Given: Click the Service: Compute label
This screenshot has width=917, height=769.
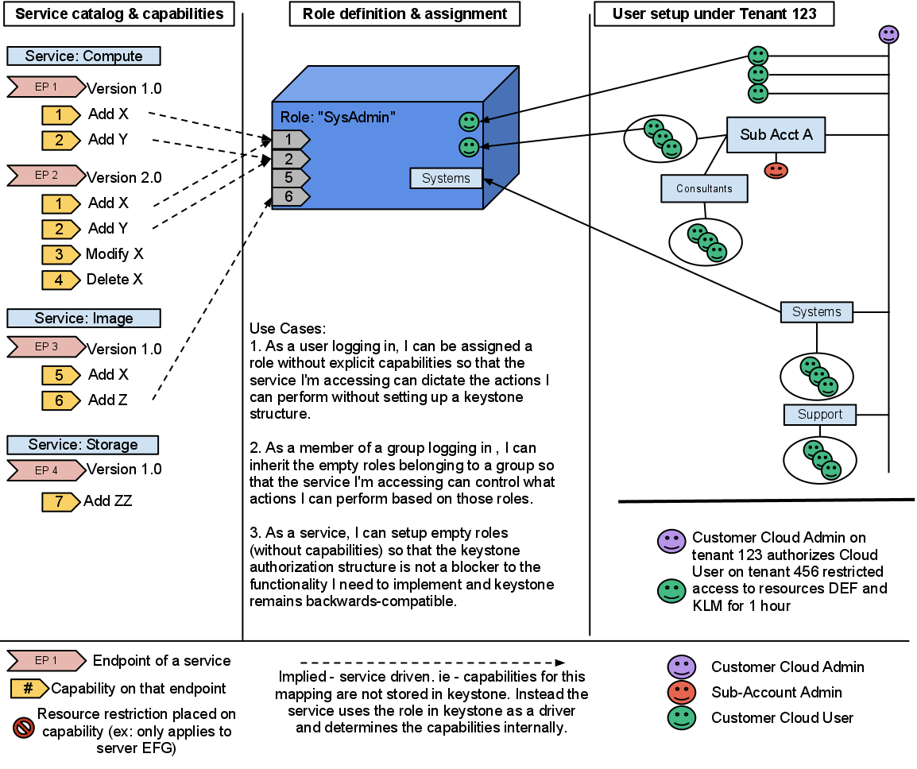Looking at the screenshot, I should tap(83, 56).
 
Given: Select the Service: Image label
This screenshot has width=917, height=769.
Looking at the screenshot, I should tap(83, 318).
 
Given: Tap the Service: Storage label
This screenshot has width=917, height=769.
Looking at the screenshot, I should tap(83, 445).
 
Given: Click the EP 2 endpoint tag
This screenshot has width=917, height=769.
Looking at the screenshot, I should tap(46, 175).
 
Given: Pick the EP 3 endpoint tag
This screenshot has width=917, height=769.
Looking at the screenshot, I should tap(46, 346).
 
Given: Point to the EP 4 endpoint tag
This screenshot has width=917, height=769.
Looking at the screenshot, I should tap(46, 470).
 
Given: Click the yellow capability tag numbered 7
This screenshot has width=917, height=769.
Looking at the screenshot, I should tap(60, 502).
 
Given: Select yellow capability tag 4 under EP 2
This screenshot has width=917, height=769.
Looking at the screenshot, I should tap(60, 280).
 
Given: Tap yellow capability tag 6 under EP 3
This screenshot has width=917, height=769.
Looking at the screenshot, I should tap(60, 400).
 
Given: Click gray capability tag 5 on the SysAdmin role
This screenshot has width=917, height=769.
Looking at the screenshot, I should tap(289, 177).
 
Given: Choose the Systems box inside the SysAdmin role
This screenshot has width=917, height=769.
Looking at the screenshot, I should tap(446, 178).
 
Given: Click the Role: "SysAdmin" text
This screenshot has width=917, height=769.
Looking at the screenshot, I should tap(338, 118).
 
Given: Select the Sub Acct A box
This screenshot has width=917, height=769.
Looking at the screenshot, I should tap(776, 134).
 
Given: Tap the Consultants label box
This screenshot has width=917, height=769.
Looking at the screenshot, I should tap(704, 188).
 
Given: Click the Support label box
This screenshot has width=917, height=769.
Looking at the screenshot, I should tap(819, 415).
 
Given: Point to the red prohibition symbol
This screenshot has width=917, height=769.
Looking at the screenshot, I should tap(24, 727).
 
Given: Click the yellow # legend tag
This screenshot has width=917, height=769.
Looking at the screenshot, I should tap(29, 688).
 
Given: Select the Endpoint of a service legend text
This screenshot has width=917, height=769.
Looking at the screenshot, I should tap(161, 660).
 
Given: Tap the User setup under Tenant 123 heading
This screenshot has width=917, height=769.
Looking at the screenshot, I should tap(714, 14).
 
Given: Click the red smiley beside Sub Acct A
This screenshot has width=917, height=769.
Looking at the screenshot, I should tap(776, 170).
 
